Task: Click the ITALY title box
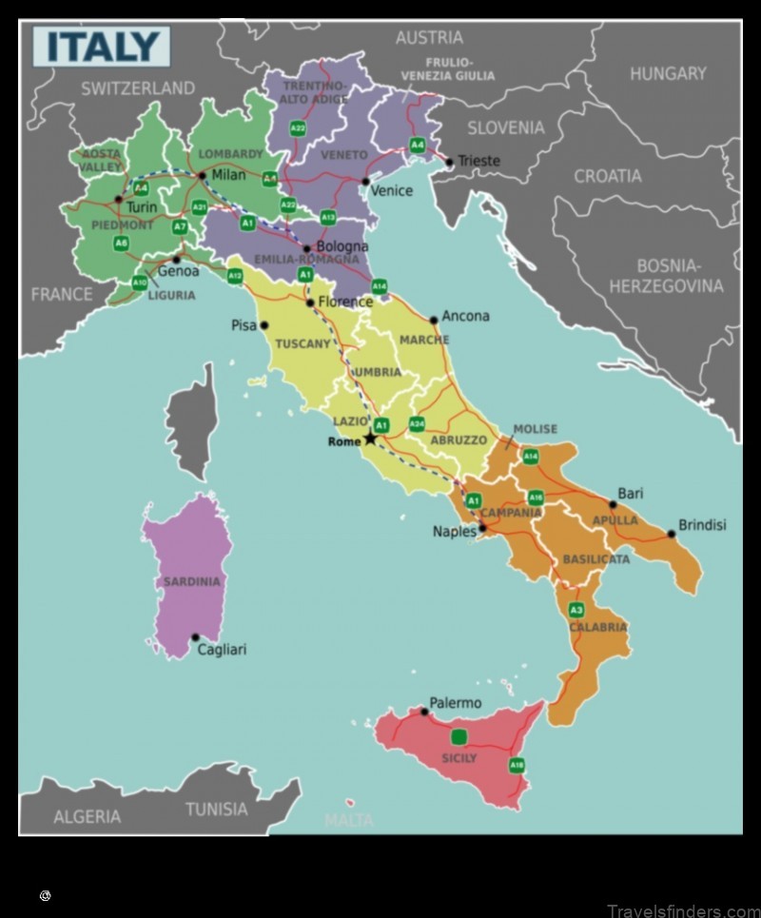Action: click(x=102, y=47)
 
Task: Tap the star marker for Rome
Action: click(x=370, y=438)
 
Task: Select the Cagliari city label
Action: click(x=221, y=650)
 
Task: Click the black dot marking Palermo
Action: click(x=424, y=712)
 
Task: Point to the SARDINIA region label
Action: click(x=191, y=581)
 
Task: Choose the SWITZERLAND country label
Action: click(x=137, y=88)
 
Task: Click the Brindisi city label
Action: click(x=702, y=525)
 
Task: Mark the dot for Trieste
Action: click(x=449, y=162)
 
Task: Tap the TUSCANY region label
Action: click(x=302, y=343)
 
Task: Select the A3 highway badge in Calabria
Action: click(x=576, y=609)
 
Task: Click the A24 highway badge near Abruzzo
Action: click(x=417, y=423)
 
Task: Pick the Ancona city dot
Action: click(x=434, y=321)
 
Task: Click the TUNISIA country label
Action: click(x=216, y=810)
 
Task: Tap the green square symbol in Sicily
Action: click(x=459, y=736)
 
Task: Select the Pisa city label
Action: click(x=244, y=325)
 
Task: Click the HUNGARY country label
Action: click(x=668, y=73)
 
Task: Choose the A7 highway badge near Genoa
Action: click(x=180, y=227)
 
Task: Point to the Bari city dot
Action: click(x=613, y=505)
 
